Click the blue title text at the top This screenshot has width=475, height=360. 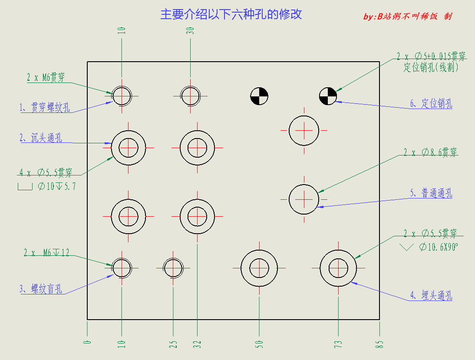pos(231,14)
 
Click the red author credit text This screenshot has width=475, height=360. pos(407,16)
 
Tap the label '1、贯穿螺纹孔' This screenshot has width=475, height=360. pos(45,107)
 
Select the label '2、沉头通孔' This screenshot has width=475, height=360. pos(40,138)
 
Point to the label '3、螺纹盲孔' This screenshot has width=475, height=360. pos(40,289)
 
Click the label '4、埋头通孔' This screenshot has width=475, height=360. pos(431,295)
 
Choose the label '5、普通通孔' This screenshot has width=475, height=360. pos(431,193)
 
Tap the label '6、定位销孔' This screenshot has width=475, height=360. pos(431,103)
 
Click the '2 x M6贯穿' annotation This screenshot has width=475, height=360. pos(46,77)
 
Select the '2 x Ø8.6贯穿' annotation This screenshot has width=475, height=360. pos(430,152)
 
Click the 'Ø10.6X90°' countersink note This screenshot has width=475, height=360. pos(439,247)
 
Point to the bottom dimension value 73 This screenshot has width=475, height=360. pos(338,344)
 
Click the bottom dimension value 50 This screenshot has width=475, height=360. pos(259,344)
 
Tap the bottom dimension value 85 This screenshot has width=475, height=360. pos(379,344)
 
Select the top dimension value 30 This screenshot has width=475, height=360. pos(190,30)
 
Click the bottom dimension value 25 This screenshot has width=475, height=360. pos(173,344)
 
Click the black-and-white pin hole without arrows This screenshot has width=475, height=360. pos(259,96)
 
